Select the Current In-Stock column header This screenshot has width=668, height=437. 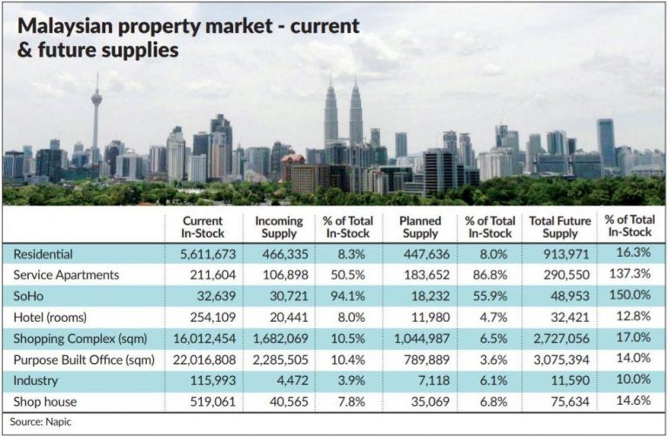203,226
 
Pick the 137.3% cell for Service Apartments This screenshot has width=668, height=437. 630,273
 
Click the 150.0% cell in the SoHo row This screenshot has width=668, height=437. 630,293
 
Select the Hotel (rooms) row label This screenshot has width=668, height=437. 50,314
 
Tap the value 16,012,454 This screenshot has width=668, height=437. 201,335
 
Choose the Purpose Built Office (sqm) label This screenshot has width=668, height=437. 83,356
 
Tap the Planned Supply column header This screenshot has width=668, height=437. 421,226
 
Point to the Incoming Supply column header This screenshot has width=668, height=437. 278,226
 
